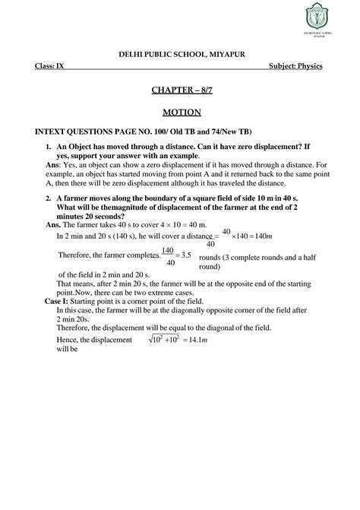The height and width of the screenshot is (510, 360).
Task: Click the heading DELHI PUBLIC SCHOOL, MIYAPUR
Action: pyautogui.click(x=180, y=51)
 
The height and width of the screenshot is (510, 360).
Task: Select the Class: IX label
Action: pyautogui.click(x=49, y=66)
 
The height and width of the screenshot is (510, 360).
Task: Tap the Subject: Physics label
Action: pyautogui.click(x=296, y=66)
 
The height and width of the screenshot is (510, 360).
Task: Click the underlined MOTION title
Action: pyautogui.click(x=180, y=112)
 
